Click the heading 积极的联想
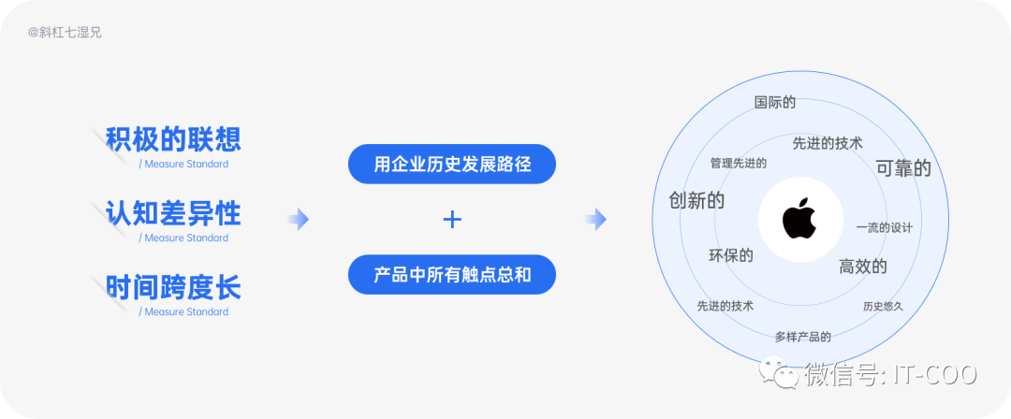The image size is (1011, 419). (173, 140)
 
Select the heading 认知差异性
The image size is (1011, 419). (173, 214)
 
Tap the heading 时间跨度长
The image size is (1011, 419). (173, 288)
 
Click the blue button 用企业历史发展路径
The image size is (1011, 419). (452, 165)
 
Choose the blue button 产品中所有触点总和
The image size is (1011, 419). (452, 275)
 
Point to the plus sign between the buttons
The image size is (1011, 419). (452, 220)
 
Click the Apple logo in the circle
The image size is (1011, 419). (799, 219)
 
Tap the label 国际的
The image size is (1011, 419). (775, 102)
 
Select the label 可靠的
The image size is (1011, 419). (903, 168)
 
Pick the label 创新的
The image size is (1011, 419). (696, 200)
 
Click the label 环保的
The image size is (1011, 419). (731, 255)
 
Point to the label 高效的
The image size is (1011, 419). (863, 267)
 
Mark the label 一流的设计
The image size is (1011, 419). (884, 227)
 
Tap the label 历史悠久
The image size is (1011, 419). (883, 306)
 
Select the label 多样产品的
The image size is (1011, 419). (803, 336)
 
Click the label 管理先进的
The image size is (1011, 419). (739, 163)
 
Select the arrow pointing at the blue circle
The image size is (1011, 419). (595, 220)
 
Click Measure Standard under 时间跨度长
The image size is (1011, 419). (183, 311)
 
